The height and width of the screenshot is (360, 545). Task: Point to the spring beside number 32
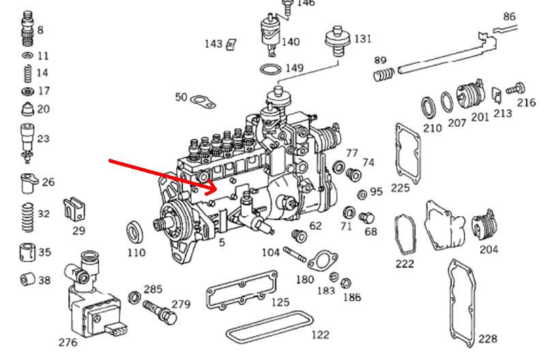(x=27, y=215)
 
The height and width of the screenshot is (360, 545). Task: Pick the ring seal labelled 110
(x=136, y=232)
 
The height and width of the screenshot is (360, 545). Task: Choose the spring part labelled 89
(x=385, y=72)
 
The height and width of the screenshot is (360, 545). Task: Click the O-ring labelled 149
(x=271, y=69)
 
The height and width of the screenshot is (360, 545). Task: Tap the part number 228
(x=488, y=339)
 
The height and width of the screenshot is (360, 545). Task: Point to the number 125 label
(x=279, y=303)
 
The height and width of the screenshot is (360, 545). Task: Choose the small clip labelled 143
(x=231, y=44)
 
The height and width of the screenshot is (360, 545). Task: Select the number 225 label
(x=400, y=188)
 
